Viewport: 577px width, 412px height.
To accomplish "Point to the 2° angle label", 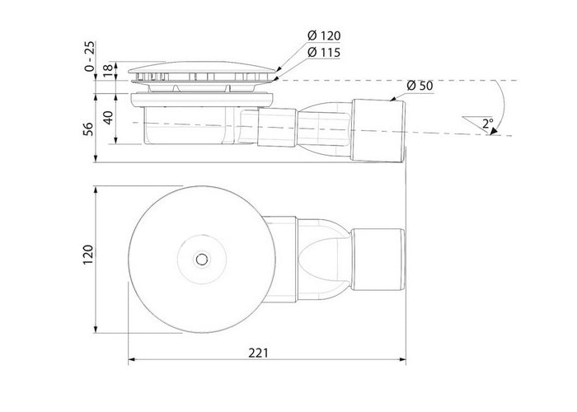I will pyautogui.click(x=489, y=123).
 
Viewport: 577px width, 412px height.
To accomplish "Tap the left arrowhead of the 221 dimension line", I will pyautogui.click(x=132, y=361).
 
